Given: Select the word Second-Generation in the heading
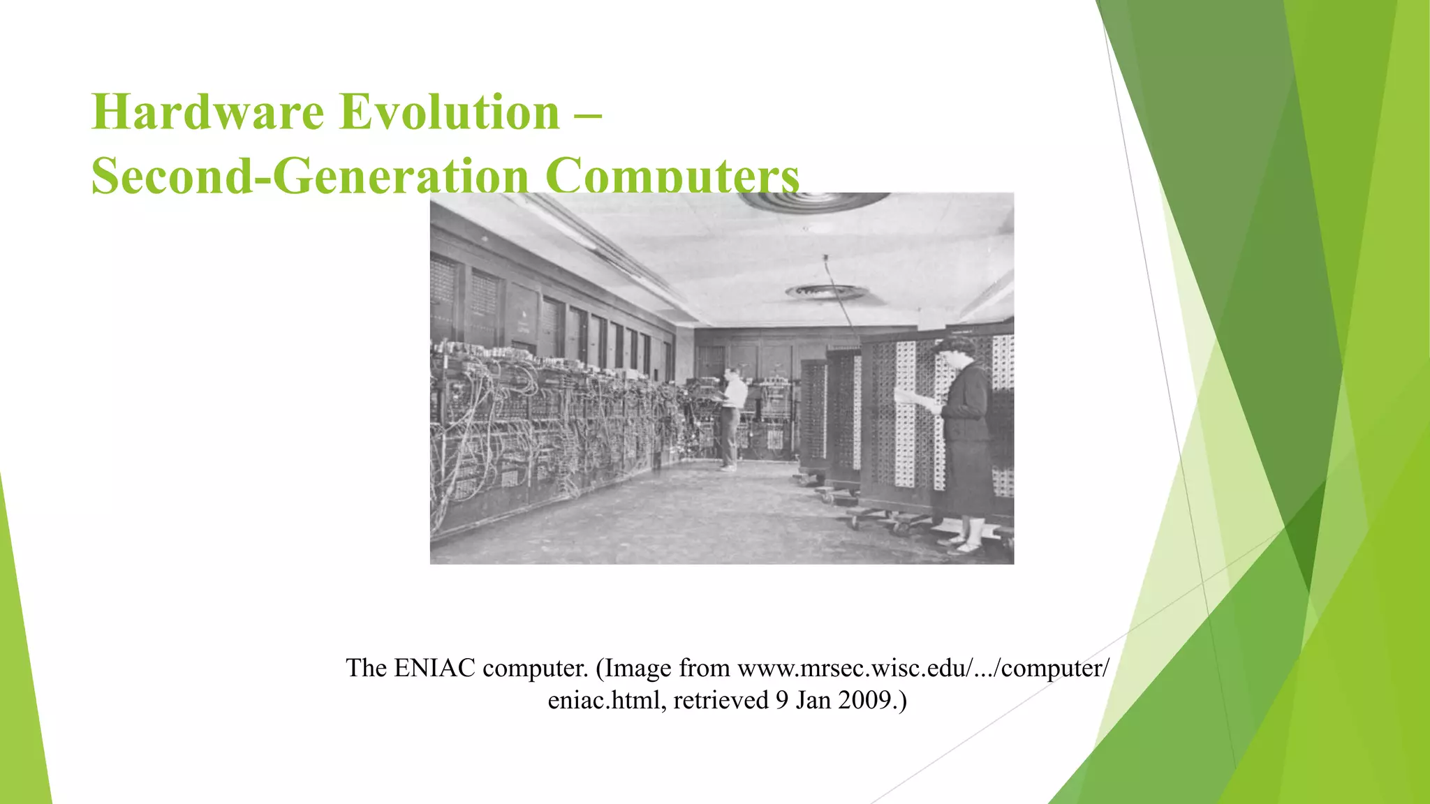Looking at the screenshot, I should [x=309, y=176].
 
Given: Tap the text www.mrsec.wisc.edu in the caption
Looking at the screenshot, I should [x=853, y=668].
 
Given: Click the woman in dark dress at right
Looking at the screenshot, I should [x=966, y=447].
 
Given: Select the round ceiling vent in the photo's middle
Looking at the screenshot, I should [x=826, y=292].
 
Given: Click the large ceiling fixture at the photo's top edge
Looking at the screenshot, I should [x=813, y=201].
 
